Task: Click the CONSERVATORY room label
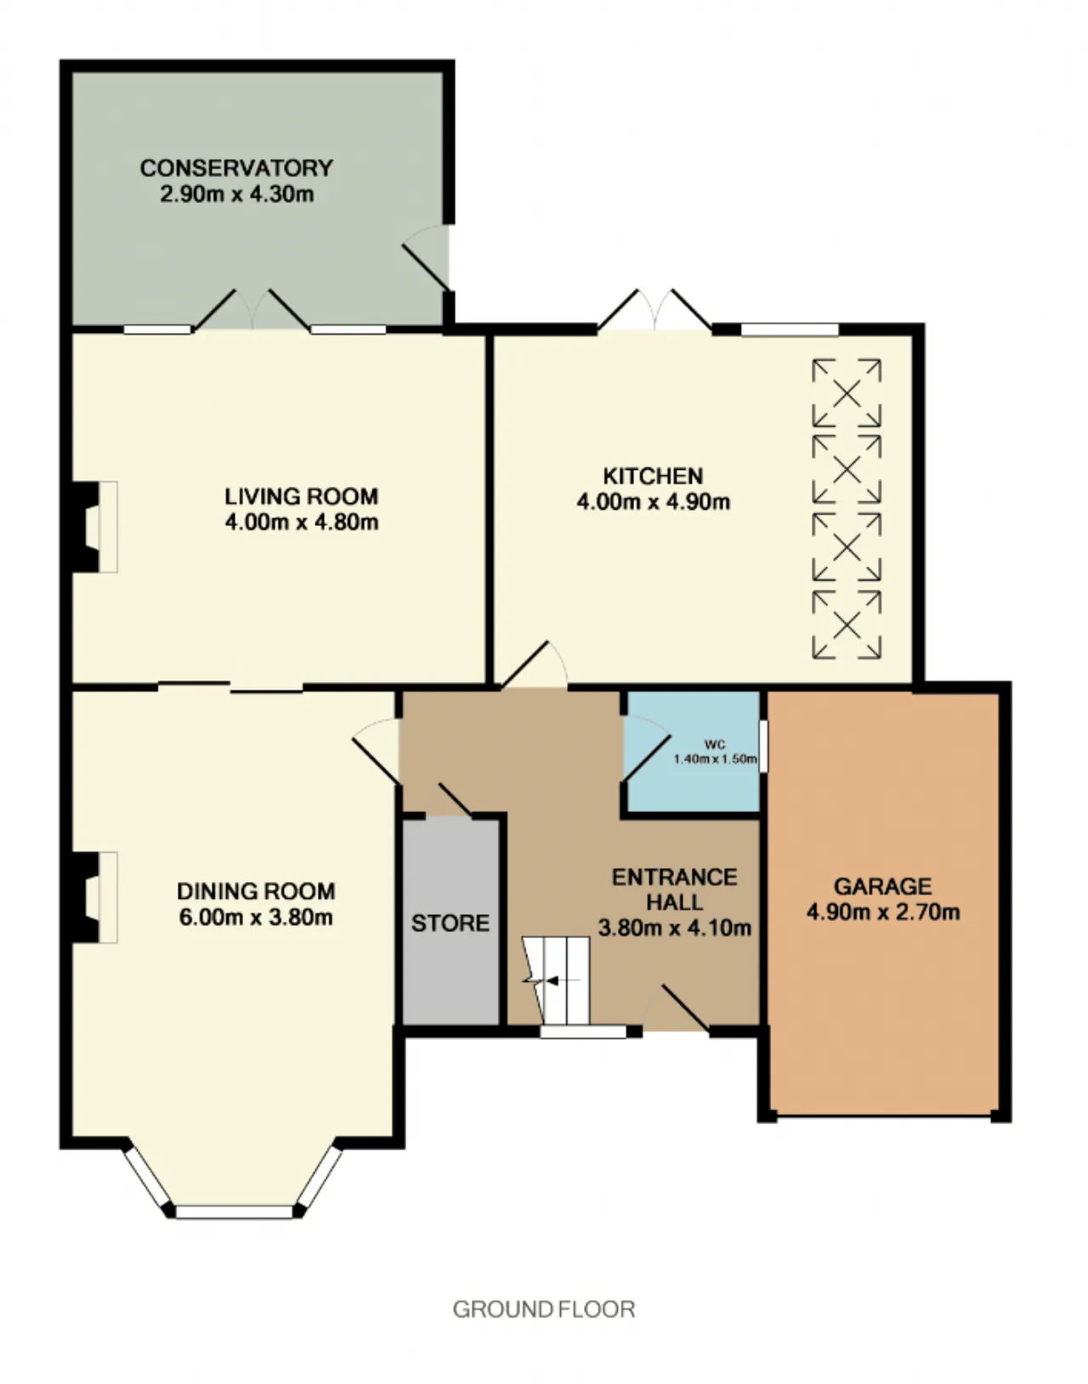click(x=236, y=168)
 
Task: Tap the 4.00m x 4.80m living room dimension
click(x=302, y=523)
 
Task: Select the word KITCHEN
click(x=653, y=476)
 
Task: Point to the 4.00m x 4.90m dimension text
click(x=653, y=502)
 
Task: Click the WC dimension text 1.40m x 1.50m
click(x=716, y=760)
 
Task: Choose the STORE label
click(x=450, y=924)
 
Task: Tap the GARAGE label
click(x=883, y=887)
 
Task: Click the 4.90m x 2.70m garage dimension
click(x=883, y=912)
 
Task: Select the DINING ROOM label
click(x=256, y=891)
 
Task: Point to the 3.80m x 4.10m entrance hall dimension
click(x=675, y=929)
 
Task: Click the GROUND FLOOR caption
click(x=543, y=1309)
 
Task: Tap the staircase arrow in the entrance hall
click(x=552, y=981)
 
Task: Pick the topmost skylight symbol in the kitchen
click(x=847, y=393)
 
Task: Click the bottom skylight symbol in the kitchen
click(x=847, y=624)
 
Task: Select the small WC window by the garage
click(x=763, y=747)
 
